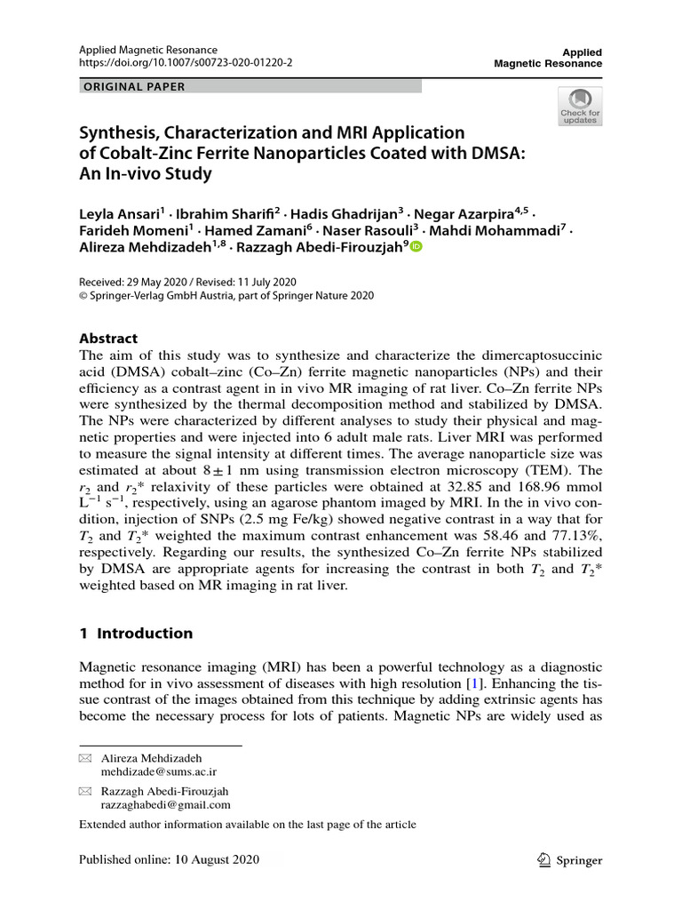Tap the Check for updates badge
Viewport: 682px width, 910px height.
(x=579, y=107)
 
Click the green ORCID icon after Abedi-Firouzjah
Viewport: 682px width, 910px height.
(x=416, y=249)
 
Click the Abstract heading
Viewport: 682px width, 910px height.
(x=108, y=339)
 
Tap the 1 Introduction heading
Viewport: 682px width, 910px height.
(x=136, y=634)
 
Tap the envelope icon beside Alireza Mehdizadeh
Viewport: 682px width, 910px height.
(x=85, y=758)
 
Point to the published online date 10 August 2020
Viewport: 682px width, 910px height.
(x=225, y=860)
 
